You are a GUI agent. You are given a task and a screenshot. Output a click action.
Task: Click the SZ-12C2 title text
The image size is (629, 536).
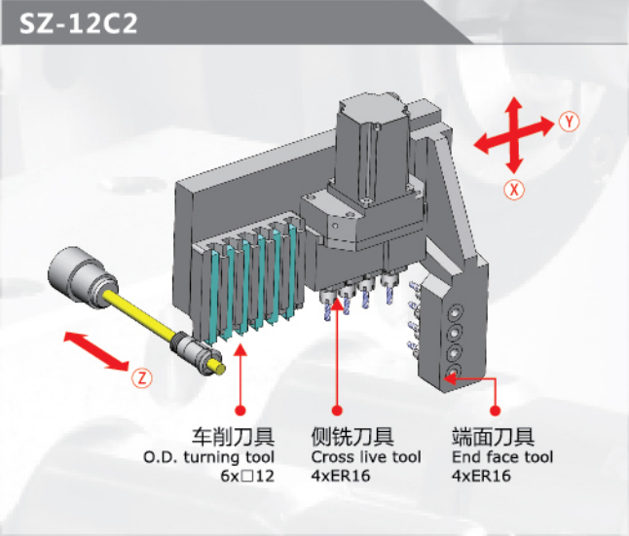pos(78,23)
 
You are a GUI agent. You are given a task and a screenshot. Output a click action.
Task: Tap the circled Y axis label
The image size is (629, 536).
pos(570,122)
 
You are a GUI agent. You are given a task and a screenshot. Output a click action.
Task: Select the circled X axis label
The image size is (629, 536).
pos(514,190)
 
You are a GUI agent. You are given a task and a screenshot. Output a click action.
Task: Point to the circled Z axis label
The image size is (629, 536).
pos(142,377)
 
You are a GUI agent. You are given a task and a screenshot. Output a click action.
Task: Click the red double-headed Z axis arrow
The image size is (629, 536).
pos(96,351)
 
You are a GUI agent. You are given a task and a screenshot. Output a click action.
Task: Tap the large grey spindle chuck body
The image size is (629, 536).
pos(82,277)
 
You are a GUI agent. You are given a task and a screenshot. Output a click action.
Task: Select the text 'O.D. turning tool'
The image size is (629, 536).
pos(209,457)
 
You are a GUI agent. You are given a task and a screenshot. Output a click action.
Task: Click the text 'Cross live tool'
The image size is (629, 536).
pos(366,457)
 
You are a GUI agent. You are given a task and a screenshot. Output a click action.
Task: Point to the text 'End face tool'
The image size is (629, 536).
pos(502,457)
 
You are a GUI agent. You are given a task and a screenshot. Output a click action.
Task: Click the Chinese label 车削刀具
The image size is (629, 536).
pos(233,437)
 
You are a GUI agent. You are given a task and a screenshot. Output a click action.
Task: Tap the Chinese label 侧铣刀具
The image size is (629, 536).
pos(352,437)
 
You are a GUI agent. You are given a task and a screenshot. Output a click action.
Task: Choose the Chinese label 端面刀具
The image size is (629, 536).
pos(494,437)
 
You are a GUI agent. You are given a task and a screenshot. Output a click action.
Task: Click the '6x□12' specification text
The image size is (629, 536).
pos(247,476)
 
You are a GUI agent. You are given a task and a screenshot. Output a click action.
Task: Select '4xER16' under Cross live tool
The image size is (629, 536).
pos(341,476)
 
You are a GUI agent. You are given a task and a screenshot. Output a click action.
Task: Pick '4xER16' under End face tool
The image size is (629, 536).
pos(481,476)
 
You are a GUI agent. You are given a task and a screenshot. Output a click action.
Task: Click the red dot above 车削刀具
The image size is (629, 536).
pos(240,411)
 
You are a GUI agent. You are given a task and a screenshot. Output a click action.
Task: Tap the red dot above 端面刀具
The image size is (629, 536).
pos(496,411)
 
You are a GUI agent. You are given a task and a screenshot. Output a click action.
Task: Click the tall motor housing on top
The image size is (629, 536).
pos(371,148)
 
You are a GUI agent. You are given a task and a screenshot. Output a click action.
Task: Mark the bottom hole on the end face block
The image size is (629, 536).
pos(454,371)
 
